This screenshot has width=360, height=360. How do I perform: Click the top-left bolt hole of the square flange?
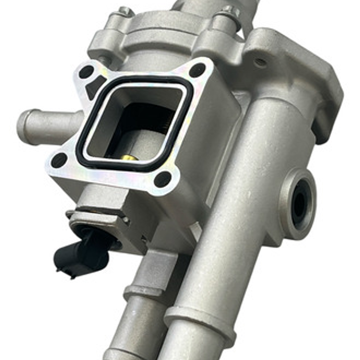[x=86, y=72]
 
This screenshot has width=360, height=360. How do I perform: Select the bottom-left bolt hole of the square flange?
[x=59, y=160]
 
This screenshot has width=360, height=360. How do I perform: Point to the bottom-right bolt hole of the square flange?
[x=162, y=179]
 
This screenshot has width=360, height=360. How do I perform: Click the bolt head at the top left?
[x=125, y=11]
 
